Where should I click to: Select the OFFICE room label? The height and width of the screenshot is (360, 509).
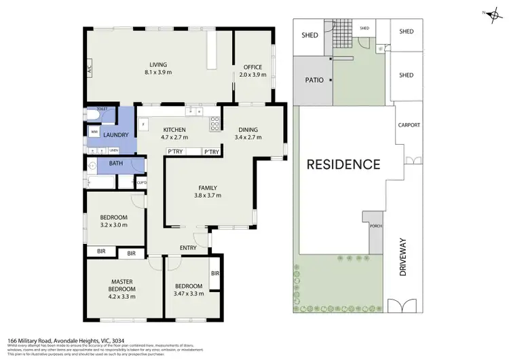[252, 67]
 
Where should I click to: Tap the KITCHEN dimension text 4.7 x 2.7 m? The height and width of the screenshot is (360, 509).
[174, 137]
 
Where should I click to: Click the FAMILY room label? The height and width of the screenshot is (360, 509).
[208, 187]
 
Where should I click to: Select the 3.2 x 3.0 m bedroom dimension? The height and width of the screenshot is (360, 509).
[114, 225]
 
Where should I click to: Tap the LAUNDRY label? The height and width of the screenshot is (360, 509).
[116, 135]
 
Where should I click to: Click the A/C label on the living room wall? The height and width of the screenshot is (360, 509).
[89, 68]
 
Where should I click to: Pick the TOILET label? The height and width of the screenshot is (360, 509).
[102, 109]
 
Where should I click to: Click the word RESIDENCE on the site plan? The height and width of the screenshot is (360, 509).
[343, 164]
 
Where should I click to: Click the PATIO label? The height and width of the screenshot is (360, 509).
[314, 79]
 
